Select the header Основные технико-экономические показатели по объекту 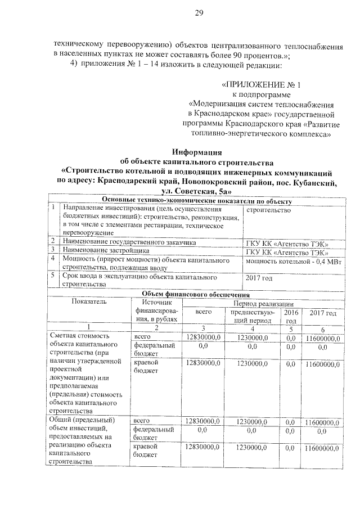pyautogui.click(x=195, y=202)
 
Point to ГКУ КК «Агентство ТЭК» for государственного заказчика pyautogui.click(x=287, y=243)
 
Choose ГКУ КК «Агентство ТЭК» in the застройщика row pyautogui.click(x=287, y=251)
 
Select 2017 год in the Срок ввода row pyautogui.click(x=259, y=277)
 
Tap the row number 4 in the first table pyautogui.click(x=52, y=259)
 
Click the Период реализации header pyautogui.click(x=261, y=303)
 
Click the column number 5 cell pyautogui.click(x=291, y=329)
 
